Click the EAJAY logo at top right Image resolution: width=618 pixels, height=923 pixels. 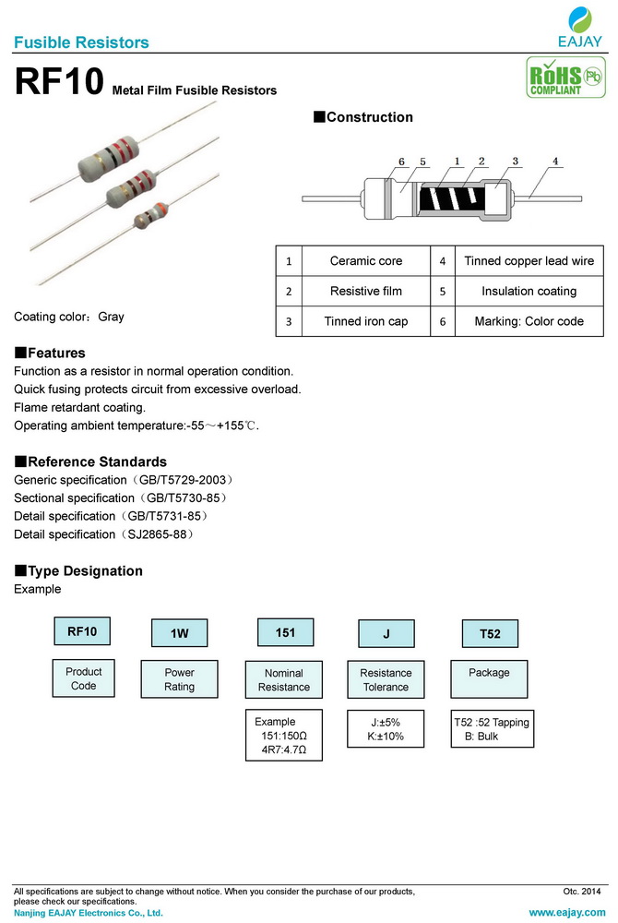[580, 27]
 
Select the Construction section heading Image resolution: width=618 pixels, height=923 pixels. [363, 117]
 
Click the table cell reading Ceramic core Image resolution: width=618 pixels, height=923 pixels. [366, 261]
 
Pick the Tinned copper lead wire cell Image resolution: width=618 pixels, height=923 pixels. [529, 261]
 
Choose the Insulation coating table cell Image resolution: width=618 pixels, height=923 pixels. [529, 291]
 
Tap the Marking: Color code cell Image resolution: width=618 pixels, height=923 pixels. [529, 321]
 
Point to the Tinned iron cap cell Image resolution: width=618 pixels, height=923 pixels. [366, 321]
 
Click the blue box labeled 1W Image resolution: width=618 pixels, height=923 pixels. [180, 633]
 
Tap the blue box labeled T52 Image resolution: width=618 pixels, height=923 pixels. [490, 633]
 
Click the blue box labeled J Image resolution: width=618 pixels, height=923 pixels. [386, 633]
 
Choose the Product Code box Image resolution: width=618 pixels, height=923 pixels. [83, 678]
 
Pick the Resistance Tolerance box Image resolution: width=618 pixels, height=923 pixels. [386, 680]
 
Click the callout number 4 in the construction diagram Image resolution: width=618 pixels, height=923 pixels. [555, 162]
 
